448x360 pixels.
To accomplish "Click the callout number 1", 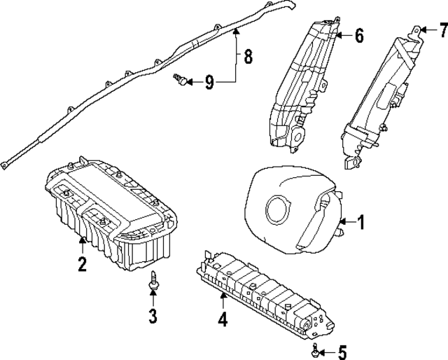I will pos(361,223).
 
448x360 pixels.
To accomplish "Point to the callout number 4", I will pos(223,320).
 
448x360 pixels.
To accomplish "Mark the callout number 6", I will pos(358,35).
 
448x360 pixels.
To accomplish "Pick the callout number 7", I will pos(442,29).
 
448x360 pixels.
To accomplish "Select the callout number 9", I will pos(209,83).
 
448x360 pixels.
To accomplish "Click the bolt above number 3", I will pos(152,282).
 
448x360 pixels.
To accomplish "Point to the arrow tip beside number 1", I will pos(339,223).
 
